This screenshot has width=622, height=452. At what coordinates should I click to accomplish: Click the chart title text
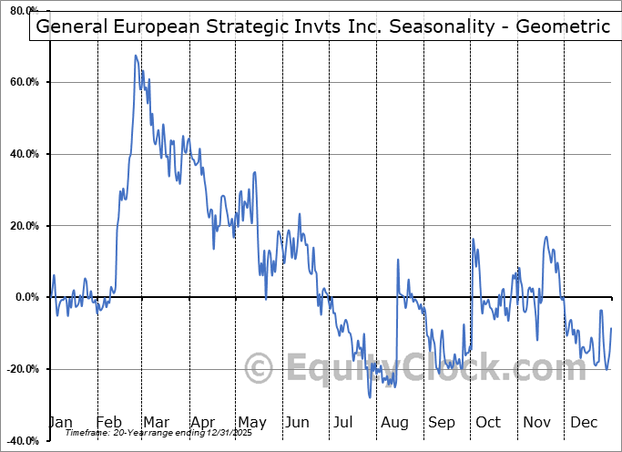tap(322, 26)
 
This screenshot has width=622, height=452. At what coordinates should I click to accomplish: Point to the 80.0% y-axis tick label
tap(24, 11)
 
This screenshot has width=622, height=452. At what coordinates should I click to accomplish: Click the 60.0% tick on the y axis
tap(24, 83)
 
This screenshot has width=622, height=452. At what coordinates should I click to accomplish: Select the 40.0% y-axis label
tap(24, 154)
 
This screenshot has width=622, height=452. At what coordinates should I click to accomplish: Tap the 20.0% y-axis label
tap(24, 226)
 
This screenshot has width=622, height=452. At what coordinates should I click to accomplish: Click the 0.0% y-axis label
tap(26, 297)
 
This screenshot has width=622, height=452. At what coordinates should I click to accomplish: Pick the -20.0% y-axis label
tap(22, 369)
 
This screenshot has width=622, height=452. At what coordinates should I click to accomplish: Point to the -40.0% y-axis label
tap(22, 440)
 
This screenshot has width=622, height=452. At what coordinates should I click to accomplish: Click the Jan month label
tap(59, 422)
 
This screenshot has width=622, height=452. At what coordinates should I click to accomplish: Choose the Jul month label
tap(342, 422)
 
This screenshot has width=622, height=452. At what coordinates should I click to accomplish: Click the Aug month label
tap(394, 422)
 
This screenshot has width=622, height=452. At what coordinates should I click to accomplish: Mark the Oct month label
tap(488, 422)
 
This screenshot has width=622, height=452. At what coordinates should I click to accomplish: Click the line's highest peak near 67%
tap(136, 56)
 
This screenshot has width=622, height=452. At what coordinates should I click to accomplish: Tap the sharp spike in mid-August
tap(398, 260)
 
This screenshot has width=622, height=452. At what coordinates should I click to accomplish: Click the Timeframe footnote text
tap(149, 433)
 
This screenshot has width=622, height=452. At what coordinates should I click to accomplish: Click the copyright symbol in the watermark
tap(260, 369)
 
